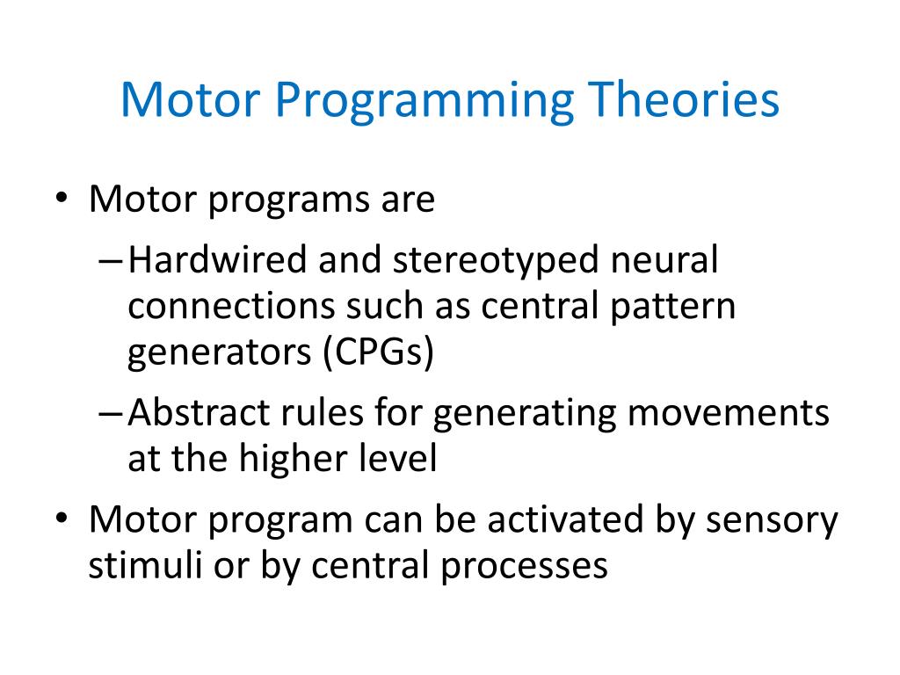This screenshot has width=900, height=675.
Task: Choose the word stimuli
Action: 134,565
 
